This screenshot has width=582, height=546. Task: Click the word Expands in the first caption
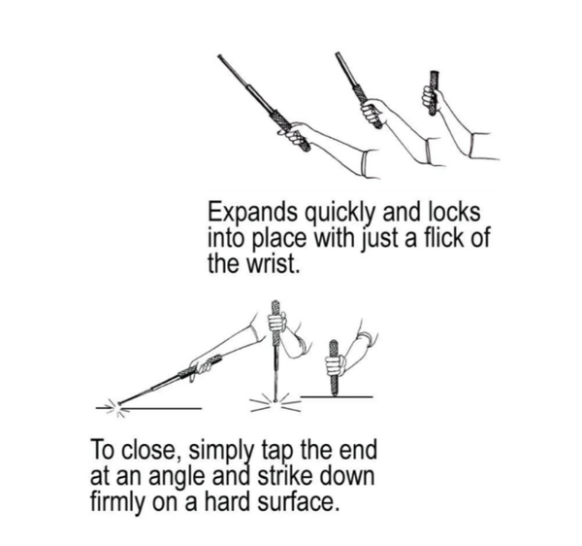click(245, 213)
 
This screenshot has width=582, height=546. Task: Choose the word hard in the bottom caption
click(223, 505)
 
